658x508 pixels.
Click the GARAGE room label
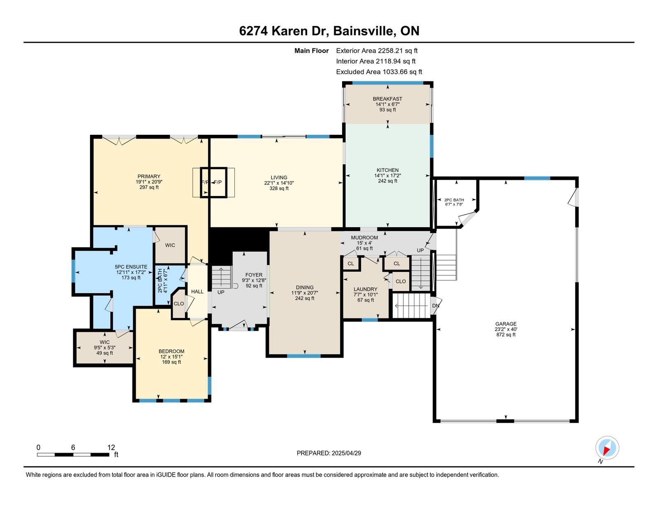(506, 324)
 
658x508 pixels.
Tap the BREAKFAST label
(387, 99)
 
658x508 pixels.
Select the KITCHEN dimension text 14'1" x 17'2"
(387, 175)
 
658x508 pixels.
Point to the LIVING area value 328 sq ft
(279, 188)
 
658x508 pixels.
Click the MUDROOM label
(364, 238)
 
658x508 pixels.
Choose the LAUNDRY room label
(366, 289)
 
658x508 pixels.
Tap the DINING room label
(305, 287)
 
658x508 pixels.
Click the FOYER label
(254, 275)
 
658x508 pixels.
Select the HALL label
(197, 291)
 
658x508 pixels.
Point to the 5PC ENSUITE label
(131, 267)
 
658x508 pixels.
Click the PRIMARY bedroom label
(149, 176)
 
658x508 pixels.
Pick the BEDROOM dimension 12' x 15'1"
(171, 357)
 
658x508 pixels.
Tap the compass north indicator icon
(607, 448)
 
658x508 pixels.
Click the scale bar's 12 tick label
(111, 447)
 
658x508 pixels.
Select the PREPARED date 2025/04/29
(346, 453)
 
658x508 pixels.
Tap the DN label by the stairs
(436, 306)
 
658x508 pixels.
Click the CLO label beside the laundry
(400, 281)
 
